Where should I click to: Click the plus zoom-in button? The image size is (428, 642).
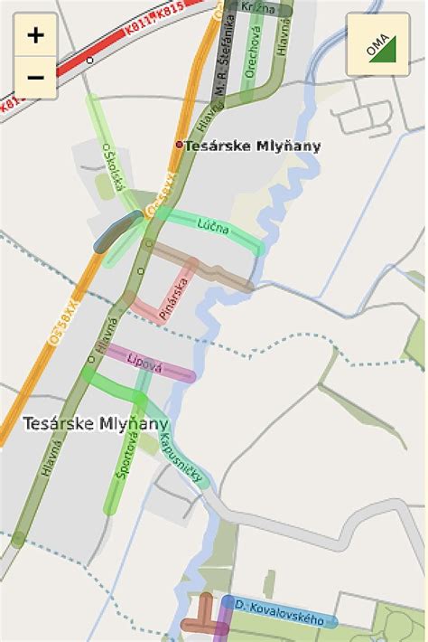coord(35,35)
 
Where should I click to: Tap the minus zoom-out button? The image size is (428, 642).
coord(35,78)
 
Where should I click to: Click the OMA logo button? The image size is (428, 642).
coord(377,44)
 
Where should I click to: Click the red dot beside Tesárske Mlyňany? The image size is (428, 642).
coord(179,145)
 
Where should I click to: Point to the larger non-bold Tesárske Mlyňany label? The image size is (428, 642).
coord(96,423)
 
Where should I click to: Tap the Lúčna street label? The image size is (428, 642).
coord(214,225)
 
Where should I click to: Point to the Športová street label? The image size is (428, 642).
coord(126,455)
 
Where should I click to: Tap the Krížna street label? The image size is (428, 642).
coord(258,7)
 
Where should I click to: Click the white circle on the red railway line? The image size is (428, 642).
coord(89,61)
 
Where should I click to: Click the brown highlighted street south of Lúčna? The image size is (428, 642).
coord(203,267)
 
